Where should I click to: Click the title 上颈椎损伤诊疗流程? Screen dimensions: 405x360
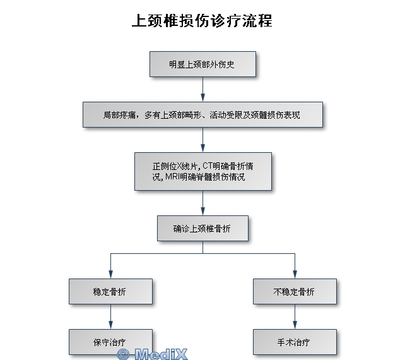[x=202, y=21]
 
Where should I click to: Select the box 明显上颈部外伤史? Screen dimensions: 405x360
[x=202, y=64]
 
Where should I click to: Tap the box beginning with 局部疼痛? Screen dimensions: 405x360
[x=202, y=114]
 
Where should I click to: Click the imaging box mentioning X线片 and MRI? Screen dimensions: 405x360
[x=203, y=171]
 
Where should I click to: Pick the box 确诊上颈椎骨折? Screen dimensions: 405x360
[x=202, y=229]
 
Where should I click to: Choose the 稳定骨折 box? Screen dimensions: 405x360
[x=110, y=291]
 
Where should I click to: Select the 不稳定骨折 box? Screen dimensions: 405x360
[x=295, y=291]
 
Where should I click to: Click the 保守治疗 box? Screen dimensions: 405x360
[x=110, y=342]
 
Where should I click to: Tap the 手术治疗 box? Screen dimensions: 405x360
[x=295, y=342]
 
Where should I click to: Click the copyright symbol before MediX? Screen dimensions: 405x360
[x=123, y=354]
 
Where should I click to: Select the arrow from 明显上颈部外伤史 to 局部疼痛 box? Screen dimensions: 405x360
[x=202, y=89]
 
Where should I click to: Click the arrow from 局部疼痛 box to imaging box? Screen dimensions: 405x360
[x=202, y=140]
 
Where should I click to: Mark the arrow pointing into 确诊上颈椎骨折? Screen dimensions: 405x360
[x=202, y=203]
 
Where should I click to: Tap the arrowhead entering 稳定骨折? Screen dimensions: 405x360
[x=110, y=274]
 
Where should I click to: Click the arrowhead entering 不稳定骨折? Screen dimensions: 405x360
[x=295, y=274]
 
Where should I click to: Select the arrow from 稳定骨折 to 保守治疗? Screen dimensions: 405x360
[x=110, y=316]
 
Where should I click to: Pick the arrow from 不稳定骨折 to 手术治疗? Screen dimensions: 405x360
[x=295, y=316]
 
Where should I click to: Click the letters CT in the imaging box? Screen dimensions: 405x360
[x=207, y=165]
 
